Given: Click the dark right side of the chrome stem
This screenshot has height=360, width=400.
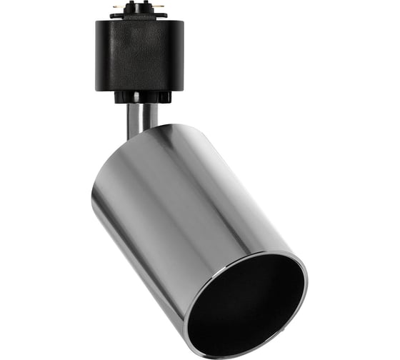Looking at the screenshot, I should [x=153, y=114].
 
